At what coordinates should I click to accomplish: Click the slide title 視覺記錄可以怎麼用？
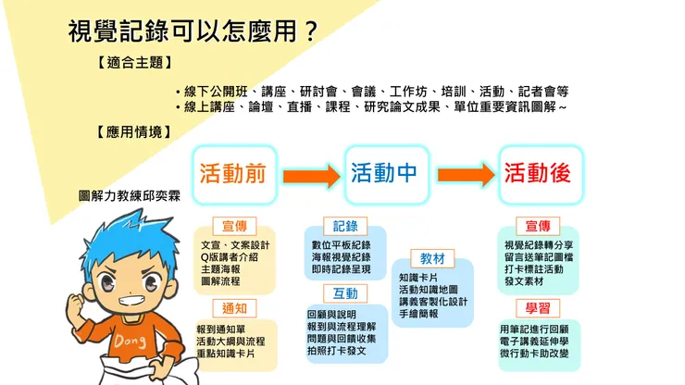click(x=193, y=31)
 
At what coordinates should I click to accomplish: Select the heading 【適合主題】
click(x=135, y=64)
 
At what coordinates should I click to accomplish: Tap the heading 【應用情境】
click(x=135, y=132)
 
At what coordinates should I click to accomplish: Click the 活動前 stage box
click(x=233, y=173)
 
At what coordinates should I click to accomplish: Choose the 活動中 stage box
click(x=385, y=173)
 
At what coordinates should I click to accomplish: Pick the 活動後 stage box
click(x=537, y=173)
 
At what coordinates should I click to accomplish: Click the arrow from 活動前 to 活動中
click(x=311, y=174)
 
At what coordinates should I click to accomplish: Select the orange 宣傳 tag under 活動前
click(x=233, y=226)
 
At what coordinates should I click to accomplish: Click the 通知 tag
click(x=233, y=308)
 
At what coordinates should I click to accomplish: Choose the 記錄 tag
click(x=345, y=226)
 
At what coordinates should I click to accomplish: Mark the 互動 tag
click(x=345, y=293)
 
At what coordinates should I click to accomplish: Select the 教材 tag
click(x=432, y=257)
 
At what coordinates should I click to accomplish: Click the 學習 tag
click(x=538, y=306)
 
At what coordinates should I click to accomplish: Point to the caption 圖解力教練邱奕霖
click(x=130, y=196)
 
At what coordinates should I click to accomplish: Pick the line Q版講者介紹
click(x=232, y=256)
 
